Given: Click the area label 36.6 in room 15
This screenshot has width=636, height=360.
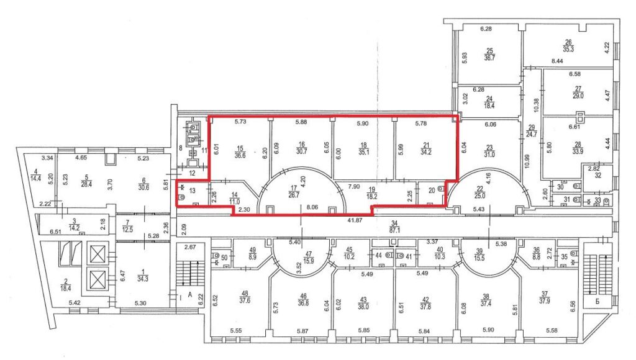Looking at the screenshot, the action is pyautogui.click(x=240, y=155).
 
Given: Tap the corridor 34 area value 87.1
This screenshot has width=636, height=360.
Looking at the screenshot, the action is pyautogui.click(x=394, y=230).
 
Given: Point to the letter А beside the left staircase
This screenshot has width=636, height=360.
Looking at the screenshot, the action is pyautogui.click(x=190, y=295).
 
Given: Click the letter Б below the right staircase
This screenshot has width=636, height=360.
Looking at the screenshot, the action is pyautogui.click(x=597, y=301).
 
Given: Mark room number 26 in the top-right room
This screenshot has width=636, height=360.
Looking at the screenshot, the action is pyautogui.click(x=568, y=42).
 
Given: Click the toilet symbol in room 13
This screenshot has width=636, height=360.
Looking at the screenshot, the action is pyautogui.click(x=182, y=197).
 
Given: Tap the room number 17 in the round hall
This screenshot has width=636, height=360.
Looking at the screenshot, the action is pyautogui.click(x=293, y=188).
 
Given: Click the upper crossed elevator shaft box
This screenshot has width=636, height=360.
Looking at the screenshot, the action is pyautogui.click(x=98, y=254).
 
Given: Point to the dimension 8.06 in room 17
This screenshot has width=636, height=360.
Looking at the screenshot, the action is pyautogui.click(x=312, y=207).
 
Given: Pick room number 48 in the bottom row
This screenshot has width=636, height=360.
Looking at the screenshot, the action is pyautogui.click(x=245, y=294).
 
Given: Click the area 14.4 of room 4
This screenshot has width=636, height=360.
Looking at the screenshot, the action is pyautogui.click(x=35, y=178).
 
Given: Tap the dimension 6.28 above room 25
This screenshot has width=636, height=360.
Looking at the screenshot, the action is pyautogui.click(x=486, y=29).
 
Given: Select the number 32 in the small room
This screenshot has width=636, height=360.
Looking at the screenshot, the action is pyautogui.click(x=598, y=176).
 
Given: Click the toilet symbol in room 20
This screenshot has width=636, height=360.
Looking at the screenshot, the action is pyautogui.click(x=441, y=189).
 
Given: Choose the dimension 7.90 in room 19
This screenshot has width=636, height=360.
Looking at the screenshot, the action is pyautogui.click(x=354, y=186).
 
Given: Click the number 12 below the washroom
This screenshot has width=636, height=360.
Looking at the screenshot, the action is pyautogui.click(x=193, y=173).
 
